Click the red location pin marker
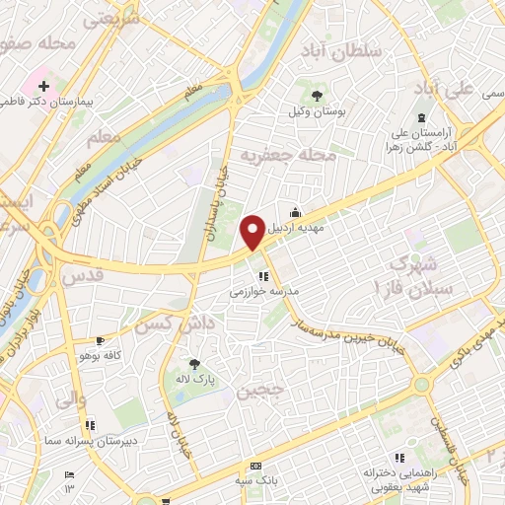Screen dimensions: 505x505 tap(252, 231)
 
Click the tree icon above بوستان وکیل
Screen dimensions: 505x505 tap(316, 96)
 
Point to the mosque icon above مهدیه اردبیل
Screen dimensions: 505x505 tap(295, 210)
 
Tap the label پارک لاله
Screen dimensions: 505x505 tap(202, 380)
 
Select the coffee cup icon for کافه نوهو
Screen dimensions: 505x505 tap(99, 339)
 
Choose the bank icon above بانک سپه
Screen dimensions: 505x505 tap(256, 466)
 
